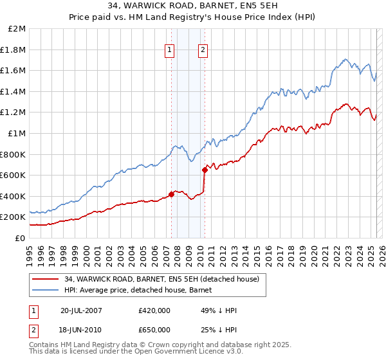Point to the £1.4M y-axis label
pyautogui.click(x=14, y=91)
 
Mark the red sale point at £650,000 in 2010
pyautogui.click(x=205, y=170)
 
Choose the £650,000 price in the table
pyautogui.click(x=154, y=330)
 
